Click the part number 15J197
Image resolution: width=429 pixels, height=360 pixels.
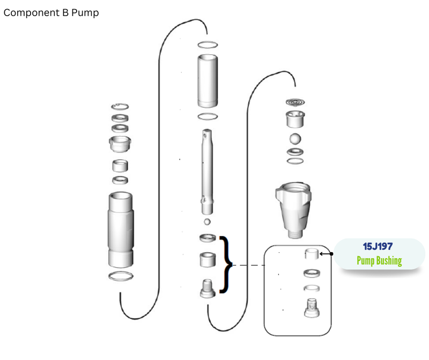[x=378, y=246]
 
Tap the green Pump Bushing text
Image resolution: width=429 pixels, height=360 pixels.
[x=379, y=261]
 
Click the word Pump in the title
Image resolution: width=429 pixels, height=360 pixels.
[x=85, y=13]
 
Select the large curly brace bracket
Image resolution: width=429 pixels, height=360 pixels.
[x=226, y=265]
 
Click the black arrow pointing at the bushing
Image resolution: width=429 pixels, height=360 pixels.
[x=326, y=254]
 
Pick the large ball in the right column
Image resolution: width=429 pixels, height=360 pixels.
[x=295, y=138]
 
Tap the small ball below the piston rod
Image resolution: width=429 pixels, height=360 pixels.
[x=207, y=222]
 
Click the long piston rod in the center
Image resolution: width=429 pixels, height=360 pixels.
[x=207, y=172]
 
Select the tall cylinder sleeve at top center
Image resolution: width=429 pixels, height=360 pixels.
[x=208, y=81]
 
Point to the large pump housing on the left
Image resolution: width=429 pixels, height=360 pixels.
[x=121, y=230]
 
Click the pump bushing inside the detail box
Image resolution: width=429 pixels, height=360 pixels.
[x=312, y=254]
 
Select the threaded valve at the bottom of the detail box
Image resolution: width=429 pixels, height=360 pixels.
[x=312, y=308]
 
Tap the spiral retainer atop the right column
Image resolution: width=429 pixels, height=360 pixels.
[x=295, y=102]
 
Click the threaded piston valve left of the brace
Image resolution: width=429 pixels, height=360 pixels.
[x=208, y=289]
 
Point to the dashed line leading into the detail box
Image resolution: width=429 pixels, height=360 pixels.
[x=248, y=265]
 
